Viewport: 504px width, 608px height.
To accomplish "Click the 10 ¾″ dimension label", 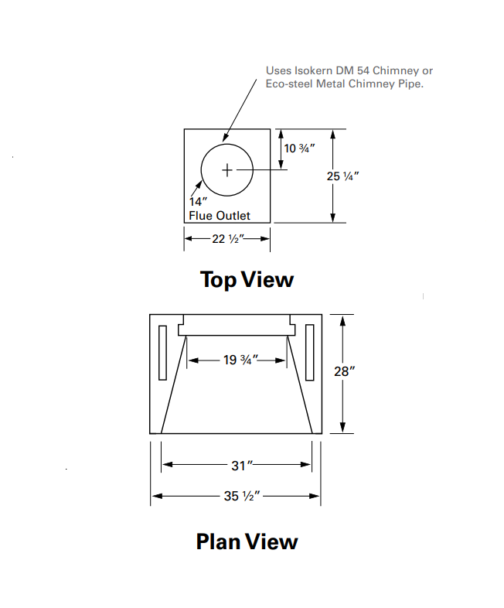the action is click(x=299, y=148).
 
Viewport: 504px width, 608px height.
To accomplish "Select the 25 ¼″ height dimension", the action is click(x=342, y=176).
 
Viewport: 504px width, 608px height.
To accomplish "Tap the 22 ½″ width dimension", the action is click(x=227, y=238).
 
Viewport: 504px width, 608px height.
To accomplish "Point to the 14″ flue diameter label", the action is click(x=198, y=202).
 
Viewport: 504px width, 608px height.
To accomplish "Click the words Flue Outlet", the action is click(x=220, y=216).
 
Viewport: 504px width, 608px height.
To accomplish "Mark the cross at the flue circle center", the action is click(x=227, y=170).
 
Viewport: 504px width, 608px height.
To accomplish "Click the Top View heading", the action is click(x=247, y=279).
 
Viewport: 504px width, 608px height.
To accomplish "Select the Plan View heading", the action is click(x=247, y=541).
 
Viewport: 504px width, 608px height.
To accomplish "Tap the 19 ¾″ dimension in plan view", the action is click(x=240, y=360).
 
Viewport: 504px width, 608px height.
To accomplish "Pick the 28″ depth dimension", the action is click(x=345, y=371).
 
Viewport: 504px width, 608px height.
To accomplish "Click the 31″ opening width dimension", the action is click(x=242, y=466).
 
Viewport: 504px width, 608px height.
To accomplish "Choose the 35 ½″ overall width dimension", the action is click(x=242, y=496).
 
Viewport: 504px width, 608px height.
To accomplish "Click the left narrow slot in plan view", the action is click(x=162, y=353).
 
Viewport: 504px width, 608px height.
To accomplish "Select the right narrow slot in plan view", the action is click(x=309, y=353).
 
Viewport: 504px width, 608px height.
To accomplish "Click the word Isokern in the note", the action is click(x=313, y=70).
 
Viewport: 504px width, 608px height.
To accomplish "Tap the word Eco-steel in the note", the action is click(x=289, y=84).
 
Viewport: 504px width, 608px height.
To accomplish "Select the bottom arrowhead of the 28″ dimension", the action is click(x=342, y=427).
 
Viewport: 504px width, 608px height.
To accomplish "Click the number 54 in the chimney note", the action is click(x=363, y=70).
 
